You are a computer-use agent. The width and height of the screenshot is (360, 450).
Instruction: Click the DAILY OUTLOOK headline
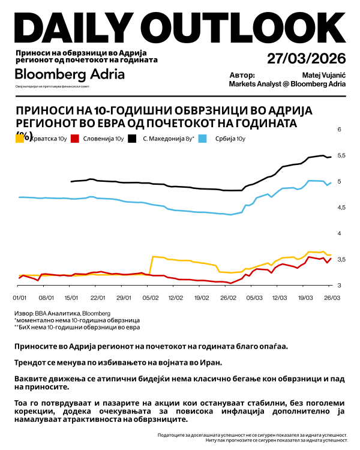click(179, 26)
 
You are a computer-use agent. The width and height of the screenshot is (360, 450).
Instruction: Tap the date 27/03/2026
click(307, 59)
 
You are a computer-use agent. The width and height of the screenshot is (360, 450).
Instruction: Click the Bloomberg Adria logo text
click(70, 74)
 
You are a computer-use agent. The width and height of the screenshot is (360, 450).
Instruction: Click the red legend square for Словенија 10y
click(76, 139)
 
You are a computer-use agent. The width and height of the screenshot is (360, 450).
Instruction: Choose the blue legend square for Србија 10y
click(202, 139)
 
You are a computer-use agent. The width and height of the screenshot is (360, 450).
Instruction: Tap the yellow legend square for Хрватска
click(20, 139)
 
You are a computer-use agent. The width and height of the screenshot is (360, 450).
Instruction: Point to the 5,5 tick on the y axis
click(342, 156)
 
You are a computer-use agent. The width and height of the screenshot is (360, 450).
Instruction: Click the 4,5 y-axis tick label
click(342, 208)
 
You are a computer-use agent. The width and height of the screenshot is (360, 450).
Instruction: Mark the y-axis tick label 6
click(340, 130)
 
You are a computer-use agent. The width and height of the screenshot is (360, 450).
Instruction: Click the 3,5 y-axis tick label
click(342, 260)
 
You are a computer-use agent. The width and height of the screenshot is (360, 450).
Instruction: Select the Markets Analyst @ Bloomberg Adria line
click(287, 85)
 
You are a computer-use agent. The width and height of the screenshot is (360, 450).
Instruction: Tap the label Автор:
click(242, 76)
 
